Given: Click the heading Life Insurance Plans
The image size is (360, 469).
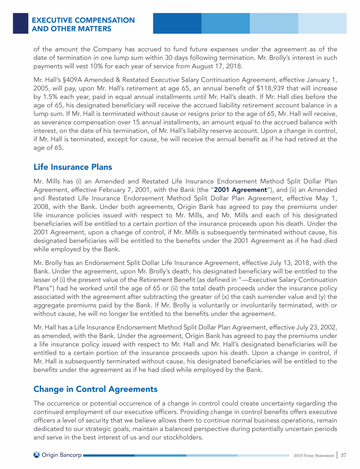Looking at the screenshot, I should [x=73, y=166].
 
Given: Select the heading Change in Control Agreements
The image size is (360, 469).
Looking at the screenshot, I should [x=95, y=389].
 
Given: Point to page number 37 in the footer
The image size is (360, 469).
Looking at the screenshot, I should [x=344, y=455].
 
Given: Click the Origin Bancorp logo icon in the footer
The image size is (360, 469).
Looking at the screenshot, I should [x=37, y=455].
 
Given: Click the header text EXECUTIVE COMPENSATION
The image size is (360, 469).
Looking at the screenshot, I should [x=83, y=21].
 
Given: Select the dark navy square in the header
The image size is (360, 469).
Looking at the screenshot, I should [x=20, y=23].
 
